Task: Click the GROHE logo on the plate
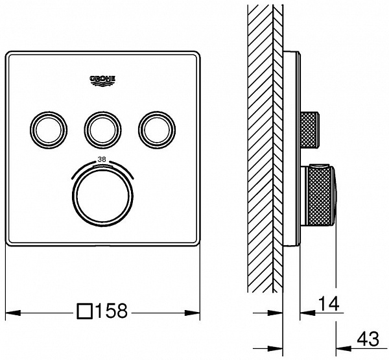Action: click(x=102, y=81)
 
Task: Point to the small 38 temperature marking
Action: click(x=102, y=160)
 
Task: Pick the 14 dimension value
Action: click(x=329, y=304)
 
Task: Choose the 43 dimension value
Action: click(x=368, y=339)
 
